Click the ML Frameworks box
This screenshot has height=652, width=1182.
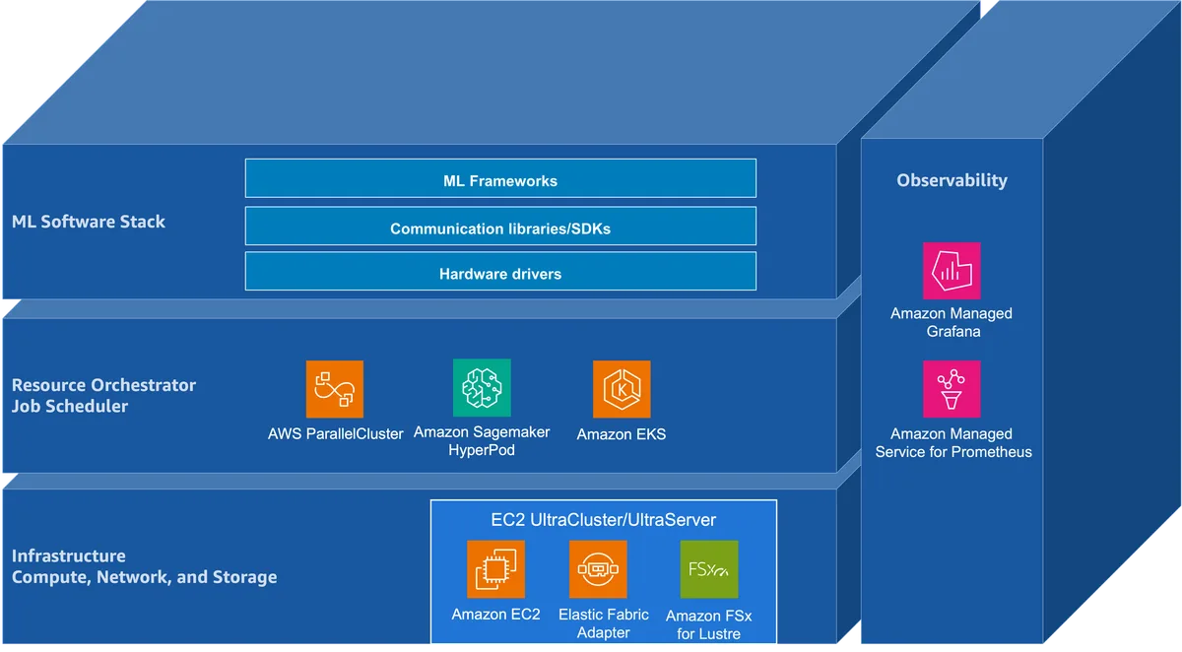500,178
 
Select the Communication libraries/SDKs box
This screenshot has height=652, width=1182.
500,227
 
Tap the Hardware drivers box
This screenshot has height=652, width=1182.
500,271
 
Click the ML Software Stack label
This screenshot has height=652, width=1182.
88,222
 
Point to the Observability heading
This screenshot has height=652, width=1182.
952,180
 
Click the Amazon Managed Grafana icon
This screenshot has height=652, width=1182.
952,271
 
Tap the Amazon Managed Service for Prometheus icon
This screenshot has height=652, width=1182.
952,389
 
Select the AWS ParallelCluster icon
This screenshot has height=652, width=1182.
335,389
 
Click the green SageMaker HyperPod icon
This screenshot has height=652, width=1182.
482,388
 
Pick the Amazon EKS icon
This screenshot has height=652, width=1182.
622,389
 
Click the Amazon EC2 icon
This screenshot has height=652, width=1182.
496,569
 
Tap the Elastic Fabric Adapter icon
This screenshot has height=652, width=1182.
598,569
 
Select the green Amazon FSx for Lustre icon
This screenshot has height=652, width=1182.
709,569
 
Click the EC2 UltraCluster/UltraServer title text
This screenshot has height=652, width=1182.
603,520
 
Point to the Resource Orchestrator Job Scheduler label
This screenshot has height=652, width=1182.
103,396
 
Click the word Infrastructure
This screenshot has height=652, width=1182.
69,556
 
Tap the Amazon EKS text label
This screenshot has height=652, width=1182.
622,434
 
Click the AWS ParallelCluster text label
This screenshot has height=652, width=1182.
335,434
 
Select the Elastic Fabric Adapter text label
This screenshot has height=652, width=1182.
603,623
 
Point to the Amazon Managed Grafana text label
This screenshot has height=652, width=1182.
952,322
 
